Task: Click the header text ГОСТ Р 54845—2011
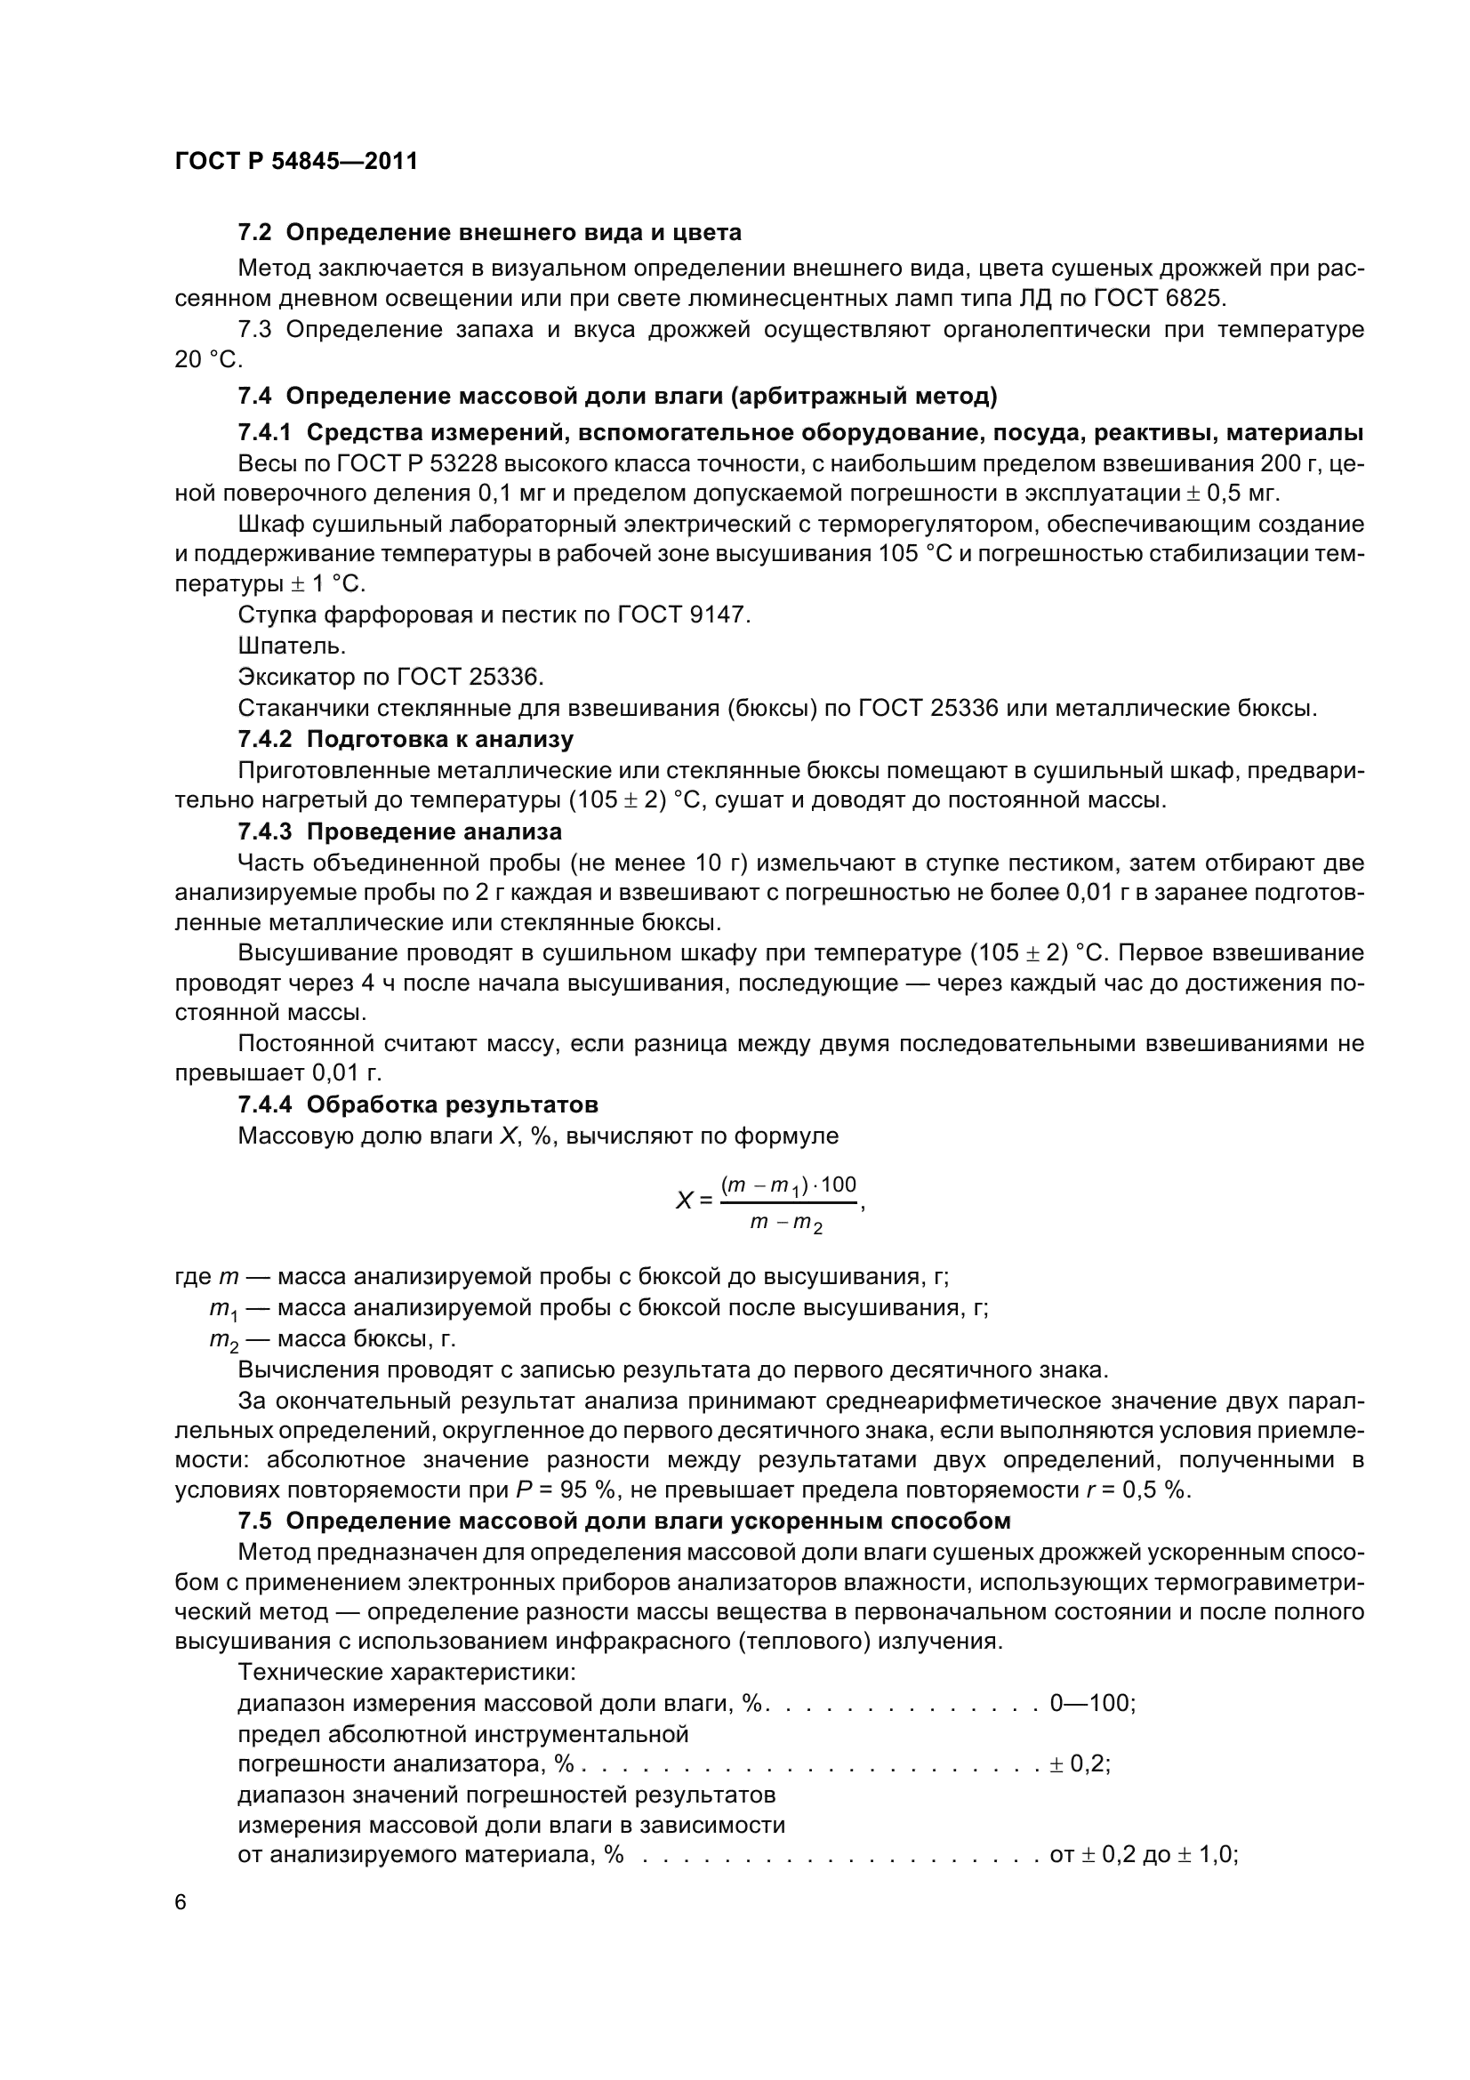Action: (296, 161)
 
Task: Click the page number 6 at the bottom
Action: (181, 1902)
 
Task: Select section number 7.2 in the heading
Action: (254, 233)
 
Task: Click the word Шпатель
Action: (291, 646)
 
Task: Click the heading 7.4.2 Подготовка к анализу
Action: (406, 739)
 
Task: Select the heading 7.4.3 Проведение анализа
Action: (399, 831)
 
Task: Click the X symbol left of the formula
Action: (684, 1201)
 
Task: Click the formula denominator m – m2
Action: (786, 1223)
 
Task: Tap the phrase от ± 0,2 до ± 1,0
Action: (1142, 1854)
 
